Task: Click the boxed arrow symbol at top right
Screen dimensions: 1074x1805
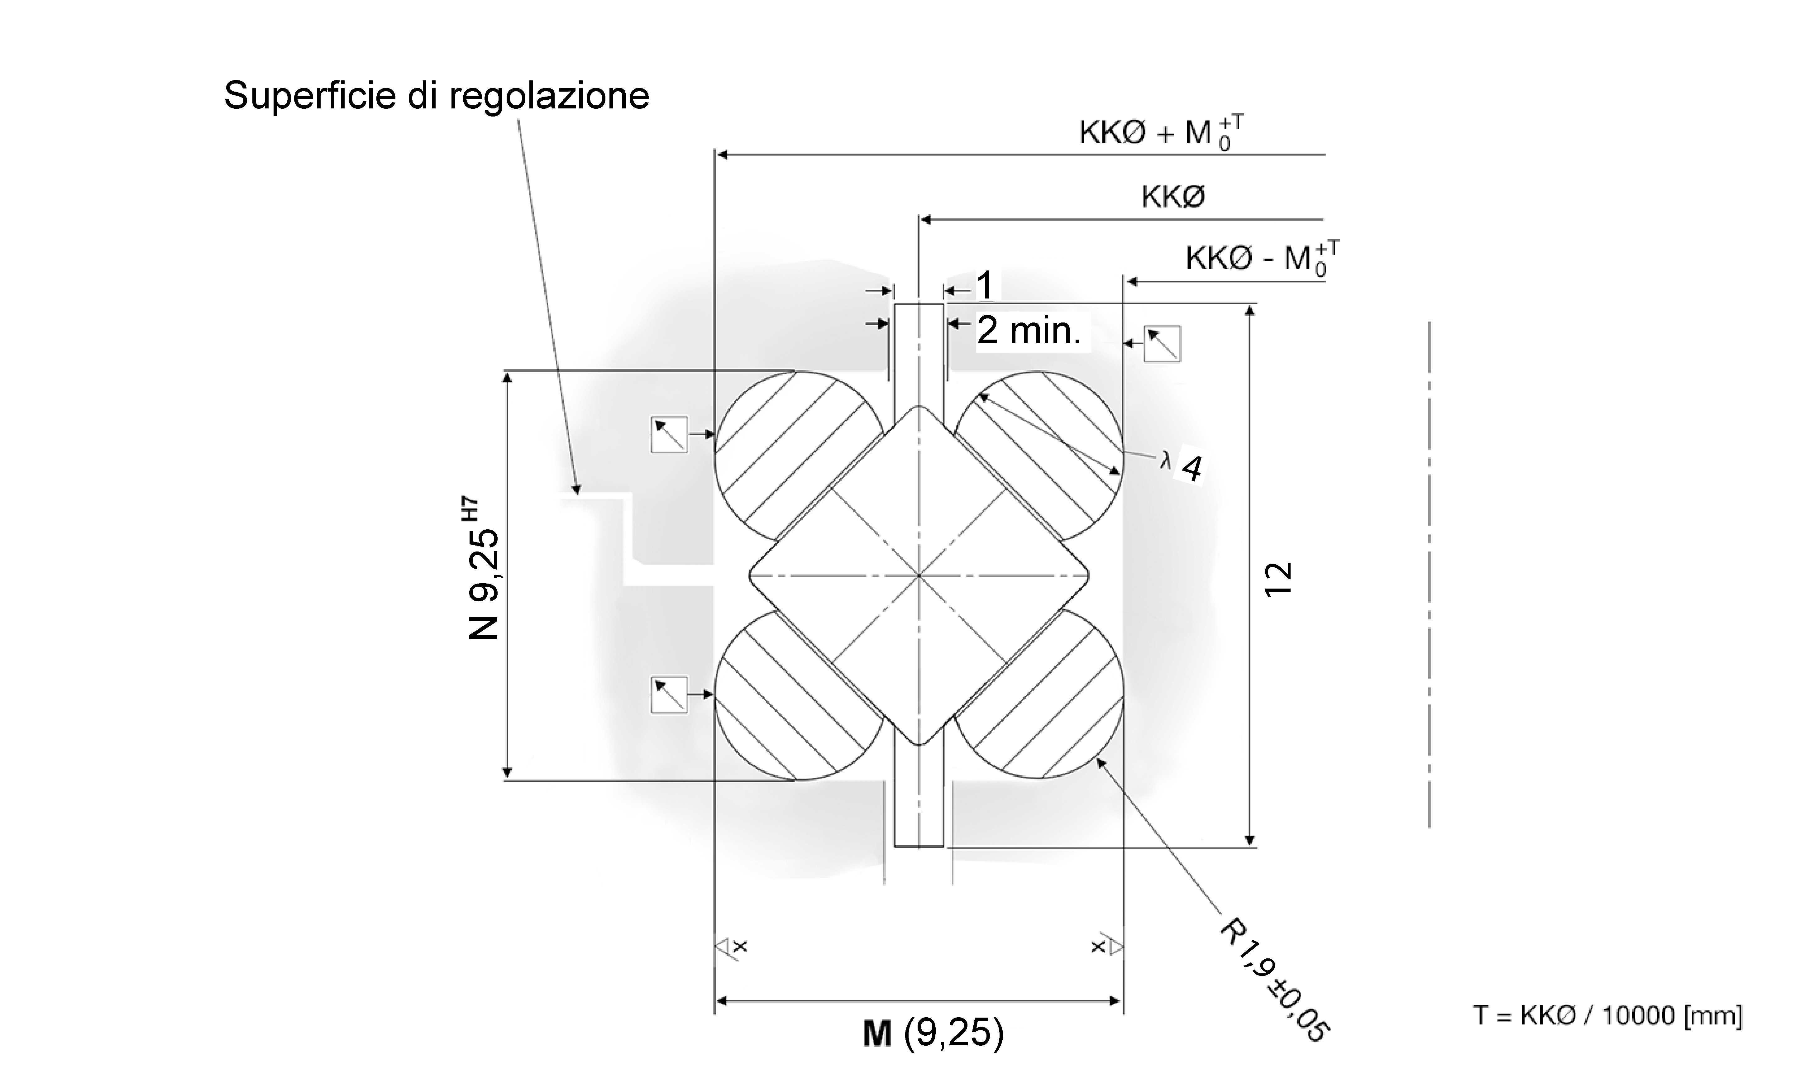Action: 1162,344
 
